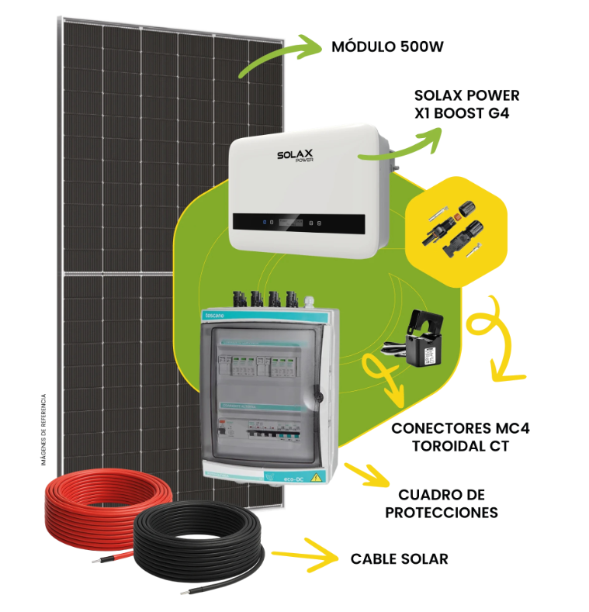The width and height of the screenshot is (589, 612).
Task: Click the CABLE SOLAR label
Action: coord(399,558)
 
